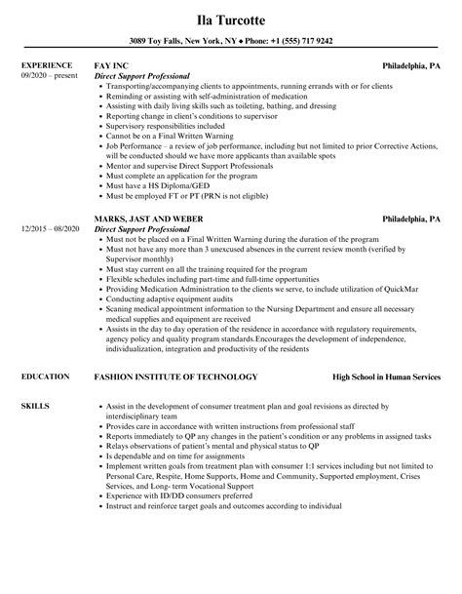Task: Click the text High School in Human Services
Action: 386,376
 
